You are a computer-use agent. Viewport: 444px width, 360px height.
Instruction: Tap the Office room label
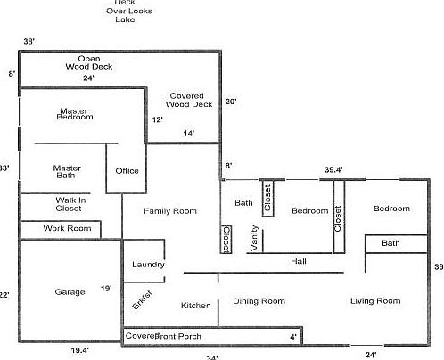(x=127, y=171)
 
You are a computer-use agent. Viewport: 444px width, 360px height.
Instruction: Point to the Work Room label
(x=68, y=229)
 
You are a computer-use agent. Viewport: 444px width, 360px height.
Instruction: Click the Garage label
(x=70, y=291)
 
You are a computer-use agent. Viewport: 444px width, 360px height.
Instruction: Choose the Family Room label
(x=171, y=211)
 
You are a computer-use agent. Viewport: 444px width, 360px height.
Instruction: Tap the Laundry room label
(x=147, y=265)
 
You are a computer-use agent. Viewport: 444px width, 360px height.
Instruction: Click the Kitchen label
(x=195, y=306)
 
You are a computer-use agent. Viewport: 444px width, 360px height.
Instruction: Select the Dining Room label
(x=259, y=301)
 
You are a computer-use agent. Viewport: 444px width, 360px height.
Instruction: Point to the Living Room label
(x=375, y=301)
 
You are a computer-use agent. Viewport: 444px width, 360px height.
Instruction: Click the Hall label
(x=298, y=261)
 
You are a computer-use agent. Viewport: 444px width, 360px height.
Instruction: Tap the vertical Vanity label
(x=254, y=239)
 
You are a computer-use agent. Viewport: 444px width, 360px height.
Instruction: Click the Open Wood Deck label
(x=89, y=62)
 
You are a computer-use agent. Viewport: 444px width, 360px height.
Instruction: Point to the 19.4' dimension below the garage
(x=80, y=351)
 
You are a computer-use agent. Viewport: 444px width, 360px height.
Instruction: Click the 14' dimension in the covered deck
(x=189, y=133)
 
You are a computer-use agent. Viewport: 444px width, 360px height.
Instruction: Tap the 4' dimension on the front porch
(x=292, y=337)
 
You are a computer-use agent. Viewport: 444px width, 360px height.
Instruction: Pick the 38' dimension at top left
(x=29, y=42)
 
